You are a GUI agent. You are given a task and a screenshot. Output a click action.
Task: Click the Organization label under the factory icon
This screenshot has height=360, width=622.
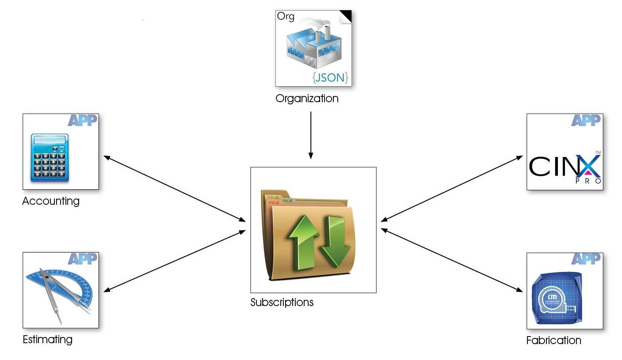(x=307, y=98)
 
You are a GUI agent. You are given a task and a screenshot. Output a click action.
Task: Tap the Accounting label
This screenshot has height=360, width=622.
(x=51, y=201)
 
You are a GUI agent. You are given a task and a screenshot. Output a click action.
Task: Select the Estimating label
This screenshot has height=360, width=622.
(x=47, y=340)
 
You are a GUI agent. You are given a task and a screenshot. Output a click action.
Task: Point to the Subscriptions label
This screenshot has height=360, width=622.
(x=282, y=303)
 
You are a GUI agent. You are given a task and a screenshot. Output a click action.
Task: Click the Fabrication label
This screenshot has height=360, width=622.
(x=553, y=340)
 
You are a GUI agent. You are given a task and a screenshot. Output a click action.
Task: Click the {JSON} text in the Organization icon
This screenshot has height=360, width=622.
(x=331, y=78)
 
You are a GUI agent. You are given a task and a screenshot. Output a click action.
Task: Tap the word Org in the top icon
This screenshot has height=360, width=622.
(x=286, y=17)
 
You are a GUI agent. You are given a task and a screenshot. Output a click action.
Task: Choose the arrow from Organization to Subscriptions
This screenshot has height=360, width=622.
(x=311, y=134)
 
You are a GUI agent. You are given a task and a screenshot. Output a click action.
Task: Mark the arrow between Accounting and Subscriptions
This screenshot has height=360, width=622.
(x=174, y=188)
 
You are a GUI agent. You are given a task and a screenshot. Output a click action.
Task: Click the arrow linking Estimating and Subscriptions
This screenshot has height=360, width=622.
(x=174, y=260)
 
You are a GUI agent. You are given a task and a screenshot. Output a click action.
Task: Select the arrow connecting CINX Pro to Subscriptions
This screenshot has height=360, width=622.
(x=451, y=188)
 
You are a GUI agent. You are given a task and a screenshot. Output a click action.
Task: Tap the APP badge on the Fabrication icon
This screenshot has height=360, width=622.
(x=586, y=259)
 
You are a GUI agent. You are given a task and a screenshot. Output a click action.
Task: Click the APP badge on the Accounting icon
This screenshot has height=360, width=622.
(x=82, y=120)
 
